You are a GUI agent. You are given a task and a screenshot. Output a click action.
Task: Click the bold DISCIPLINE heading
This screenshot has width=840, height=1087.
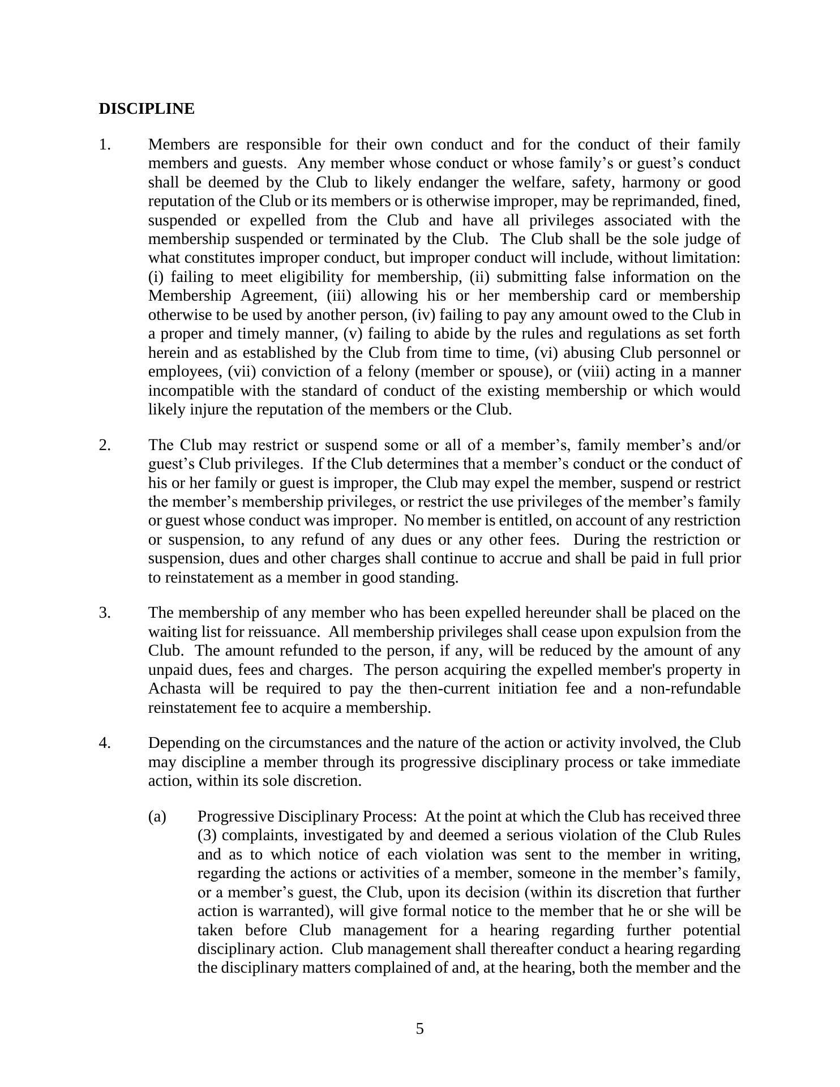146,109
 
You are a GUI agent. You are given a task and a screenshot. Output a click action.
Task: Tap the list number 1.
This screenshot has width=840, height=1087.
105,145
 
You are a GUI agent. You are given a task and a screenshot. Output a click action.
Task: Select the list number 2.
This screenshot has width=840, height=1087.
105,445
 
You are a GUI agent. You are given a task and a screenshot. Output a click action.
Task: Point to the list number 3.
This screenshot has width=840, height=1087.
105,613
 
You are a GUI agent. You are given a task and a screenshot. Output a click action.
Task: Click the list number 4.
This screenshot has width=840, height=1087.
105,743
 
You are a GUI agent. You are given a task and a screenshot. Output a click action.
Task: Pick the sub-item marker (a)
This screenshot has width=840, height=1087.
157,816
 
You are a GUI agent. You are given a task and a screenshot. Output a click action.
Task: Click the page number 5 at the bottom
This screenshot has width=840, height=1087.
419,1029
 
